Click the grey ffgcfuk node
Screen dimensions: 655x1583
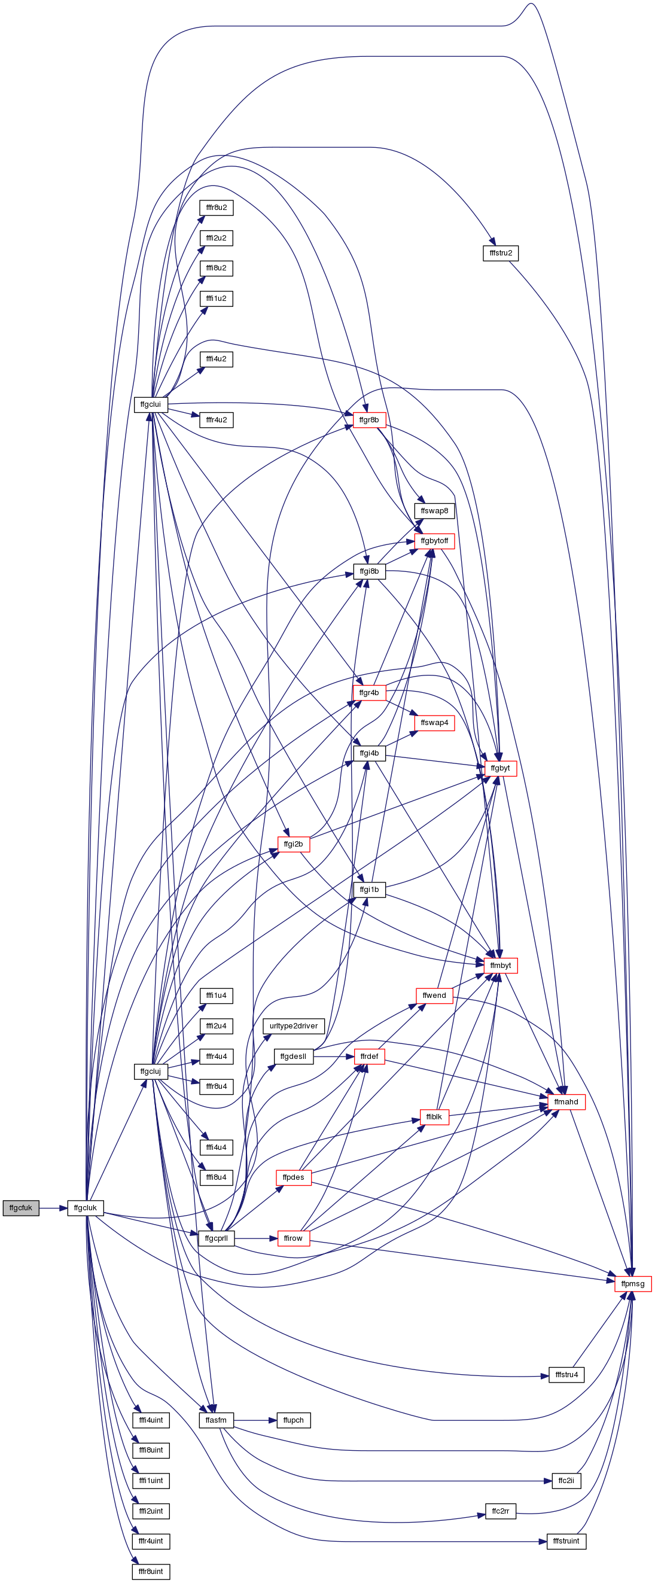(21, 1207)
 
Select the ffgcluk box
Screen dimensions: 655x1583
(86, 1207)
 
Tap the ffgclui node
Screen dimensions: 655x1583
(151, 404)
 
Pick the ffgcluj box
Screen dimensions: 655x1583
(151, 1071)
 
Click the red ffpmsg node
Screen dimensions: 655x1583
(633, 1284)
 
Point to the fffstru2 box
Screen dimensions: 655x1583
(501, 252)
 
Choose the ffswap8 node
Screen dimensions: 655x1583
(434, 511)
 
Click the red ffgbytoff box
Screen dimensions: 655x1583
(434, 541)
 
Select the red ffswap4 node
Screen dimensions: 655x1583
(434, 723)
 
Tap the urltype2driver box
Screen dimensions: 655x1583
(294, 1025)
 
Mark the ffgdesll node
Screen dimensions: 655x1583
(293, 1057)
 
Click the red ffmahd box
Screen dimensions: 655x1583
(566, 1102)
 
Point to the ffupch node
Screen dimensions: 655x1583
(294, 1420)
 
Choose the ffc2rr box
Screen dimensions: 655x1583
(500, 1511)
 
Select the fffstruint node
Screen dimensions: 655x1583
(566, 1541)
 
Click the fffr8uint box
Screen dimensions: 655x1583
(151, 1571)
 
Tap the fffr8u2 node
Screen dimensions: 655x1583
(217, 208)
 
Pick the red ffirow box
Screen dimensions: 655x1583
(293, 1238)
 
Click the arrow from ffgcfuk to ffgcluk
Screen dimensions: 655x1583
(53, 1207)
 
